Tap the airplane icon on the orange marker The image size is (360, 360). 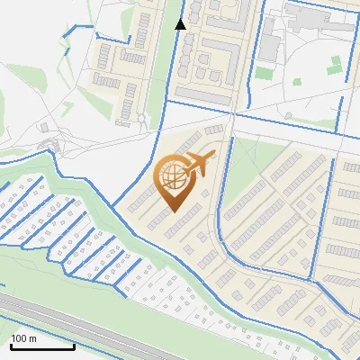click(199, 164)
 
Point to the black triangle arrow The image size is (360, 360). click(180, 24)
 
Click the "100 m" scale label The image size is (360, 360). click(23, 338)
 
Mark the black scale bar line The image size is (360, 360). click(41, 346)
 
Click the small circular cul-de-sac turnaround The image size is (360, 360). click(141, 118)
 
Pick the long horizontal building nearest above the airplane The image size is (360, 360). click(213, 130)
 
